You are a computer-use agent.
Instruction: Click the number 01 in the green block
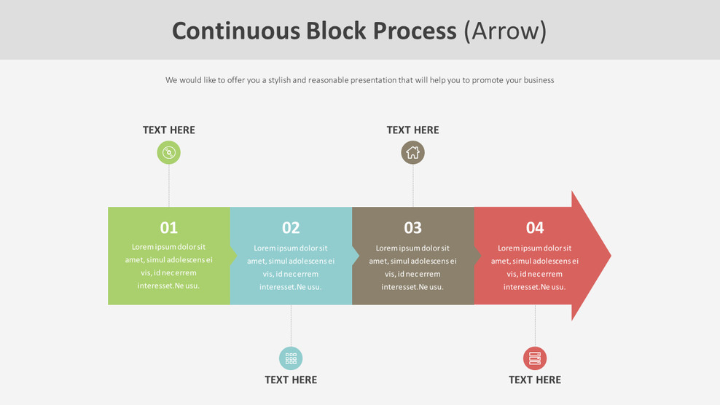[169, 228]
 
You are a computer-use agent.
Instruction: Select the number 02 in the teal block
[291, 228]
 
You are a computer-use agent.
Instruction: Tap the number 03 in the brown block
[412, 228]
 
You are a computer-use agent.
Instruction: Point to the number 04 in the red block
[535, 228]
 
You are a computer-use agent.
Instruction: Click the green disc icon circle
[169, 152]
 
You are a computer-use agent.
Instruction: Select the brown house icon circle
[412, 152]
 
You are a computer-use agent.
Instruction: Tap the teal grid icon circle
[291, 358]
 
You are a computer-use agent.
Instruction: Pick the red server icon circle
[535, 358]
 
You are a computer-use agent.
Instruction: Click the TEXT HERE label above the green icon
[169, 130]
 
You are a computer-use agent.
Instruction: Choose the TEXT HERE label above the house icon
[412, 130]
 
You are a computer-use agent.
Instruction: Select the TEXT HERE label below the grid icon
[291, 380]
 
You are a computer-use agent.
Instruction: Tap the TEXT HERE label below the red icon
[535, 380]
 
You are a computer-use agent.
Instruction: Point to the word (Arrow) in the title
[505, 31]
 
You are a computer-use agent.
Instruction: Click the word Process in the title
[415, 31]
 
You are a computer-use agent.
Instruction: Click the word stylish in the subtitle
[279, 80]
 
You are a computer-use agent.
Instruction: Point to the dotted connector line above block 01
[169, 186]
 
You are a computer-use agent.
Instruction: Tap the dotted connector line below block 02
[291, 326]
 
